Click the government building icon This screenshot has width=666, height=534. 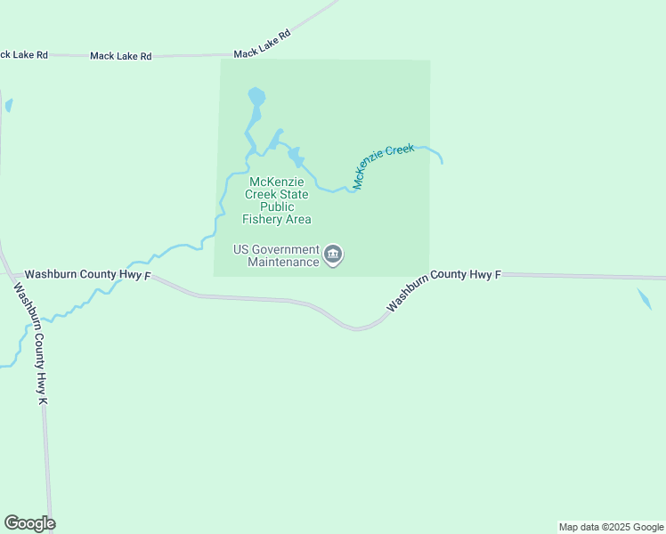pos(333,255)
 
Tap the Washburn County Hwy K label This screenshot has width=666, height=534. pos(30,344)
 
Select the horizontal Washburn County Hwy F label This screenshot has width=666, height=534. pos(85,275)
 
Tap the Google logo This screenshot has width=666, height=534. pos(29,523)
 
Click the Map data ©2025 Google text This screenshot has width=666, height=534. pos(610,527)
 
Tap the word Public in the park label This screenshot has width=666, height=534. pos(277,206)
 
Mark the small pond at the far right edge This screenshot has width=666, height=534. pos(645,298)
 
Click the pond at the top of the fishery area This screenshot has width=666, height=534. pos(256,96)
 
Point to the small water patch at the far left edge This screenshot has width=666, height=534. pos(8,105)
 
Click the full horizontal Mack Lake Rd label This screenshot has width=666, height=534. pos(121,56)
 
